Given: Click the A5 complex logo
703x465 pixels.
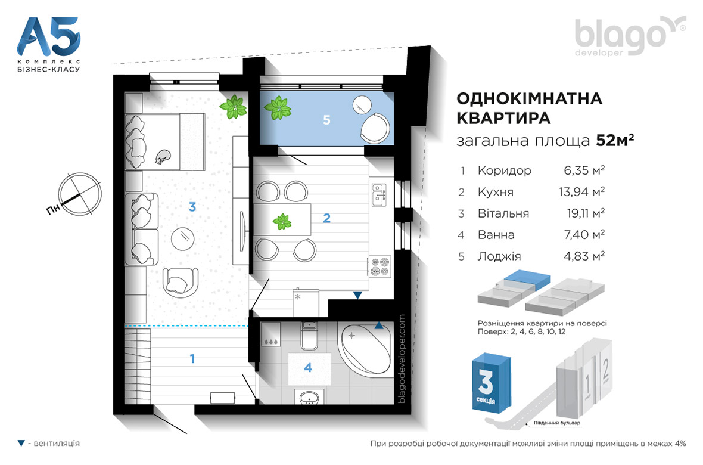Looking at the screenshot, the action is tap(48, 44).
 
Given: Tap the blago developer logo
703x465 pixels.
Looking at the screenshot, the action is tap(630, 36).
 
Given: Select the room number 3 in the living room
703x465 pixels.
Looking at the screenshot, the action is tap(192, 207).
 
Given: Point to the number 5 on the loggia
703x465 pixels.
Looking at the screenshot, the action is tap(326, 120).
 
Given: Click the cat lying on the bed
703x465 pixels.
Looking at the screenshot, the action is tap(162, 157).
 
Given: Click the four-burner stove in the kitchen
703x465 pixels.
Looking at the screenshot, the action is tap(380, 266).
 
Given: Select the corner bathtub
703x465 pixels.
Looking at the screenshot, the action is tap(365, 349).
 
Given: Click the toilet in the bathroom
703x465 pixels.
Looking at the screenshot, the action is tap(309, 336).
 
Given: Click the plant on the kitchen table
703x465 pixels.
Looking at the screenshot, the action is tap(282, 221).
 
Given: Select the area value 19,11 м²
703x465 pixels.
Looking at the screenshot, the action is tap(586, 213).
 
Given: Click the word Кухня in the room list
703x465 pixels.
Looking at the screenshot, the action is tap(496, 192).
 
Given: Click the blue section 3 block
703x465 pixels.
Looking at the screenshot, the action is tap(491, 382).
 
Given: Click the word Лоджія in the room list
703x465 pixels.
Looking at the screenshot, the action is tap(499, 256).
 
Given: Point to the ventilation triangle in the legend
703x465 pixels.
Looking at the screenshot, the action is tap(21, 444).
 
